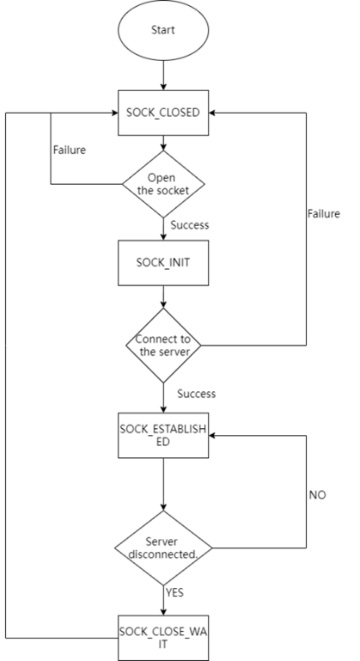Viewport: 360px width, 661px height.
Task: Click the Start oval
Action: (163, 30)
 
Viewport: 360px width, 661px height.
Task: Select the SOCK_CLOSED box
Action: (163, 113)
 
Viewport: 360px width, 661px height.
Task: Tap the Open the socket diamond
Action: (163, 184)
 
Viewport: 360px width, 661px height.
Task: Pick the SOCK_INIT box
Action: (163, 263)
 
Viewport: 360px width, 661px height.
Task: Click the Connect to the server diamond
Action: (163, 346)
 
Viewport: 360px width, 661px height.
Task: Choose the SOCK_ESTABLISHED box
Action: (163, 435)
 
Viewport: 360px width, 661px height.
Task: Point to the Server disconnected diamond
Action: (163, 548)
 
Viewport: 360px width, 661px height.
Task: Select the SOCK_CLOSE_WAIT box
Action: (163, 638)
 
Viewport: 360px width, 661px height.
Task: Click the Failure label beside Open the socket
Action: (70, 150)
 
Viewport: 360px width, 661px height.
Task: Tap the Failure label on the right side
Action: (324, 214)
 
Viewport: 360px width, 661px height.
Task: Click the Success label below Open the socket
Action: (190, 224)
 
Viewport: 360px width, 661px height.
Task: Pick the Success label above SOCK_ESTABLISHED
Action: (197, 394)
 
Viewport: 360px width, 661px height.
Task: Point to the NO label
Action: (317, 495)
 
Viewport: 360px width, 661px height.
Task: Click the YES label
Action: (174, 593)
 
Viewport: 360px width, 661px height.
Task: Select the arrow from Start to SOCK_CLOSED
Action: (163, 75)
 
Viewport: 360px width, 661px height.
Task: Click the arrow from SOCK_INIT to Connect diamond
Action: (163, 297)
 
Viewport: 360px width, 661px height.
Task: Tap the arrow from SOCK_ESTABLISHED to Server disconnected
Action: (163, 485)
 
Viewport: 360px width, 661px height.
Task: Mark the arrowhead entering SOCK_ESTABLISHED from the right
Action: (212, 435)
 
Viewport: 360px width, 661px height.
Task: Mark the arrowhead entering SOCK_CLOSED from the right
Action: (212, 113)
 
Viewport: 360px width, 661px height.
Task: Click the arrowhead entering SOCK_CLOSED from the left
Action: (114, 113)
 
